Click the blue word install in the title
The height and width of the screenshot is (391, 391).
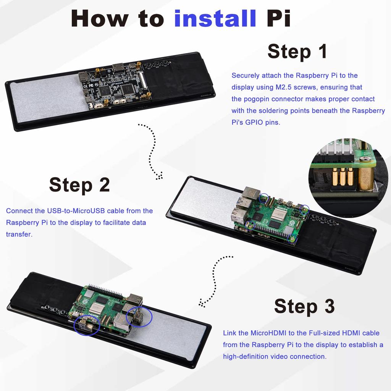coord(215,18)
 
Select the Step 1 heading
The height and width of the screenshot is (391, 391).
coord(297,51)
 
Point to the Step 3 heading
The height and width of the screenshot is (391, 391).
coord(304,306)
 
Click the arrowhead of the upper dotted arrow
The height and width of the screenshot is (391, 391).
coord(159,176)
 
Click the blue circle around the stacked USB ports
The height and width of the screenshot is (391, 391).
coord(139,316)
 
